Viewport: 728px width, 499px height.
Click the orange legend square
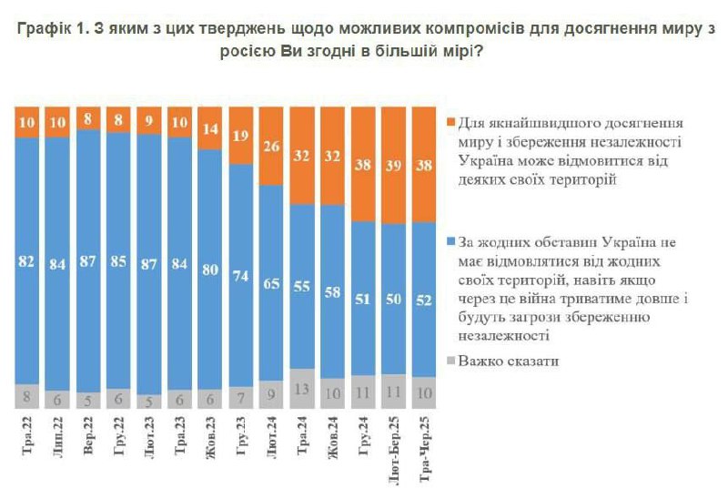pyautogui.click(x=450, y=122)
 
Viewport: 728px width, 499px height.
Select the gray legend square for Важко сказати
pyautogui.click(x=450, y=362)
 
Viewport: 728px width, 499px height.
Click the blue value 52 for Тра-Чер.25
pyautogui.click(x=424, y=300)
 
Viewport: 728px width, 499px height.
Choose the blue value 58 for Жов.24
pyautogui.click(x=333, y=291)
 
